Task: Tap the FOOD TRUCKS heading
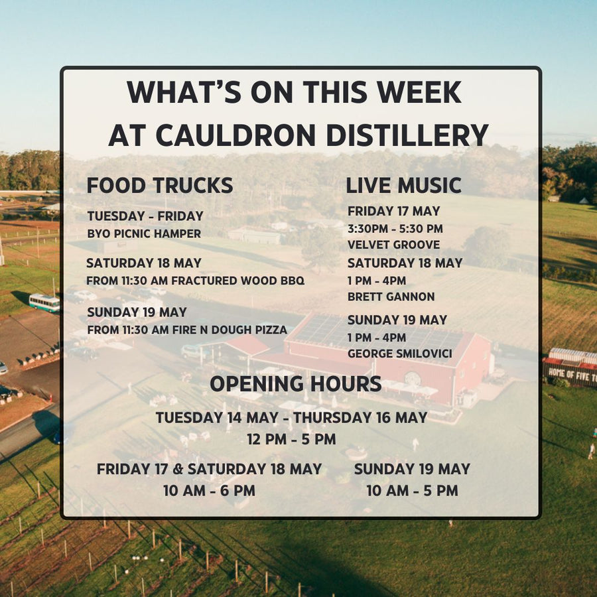pos(160,186)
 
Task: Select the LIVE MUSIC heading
pos(403,186)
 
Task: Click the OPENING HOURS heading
pos(296,383)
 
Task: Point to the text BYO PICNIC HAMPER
pos(144,233)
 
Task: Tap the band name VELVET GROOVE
pos(393,245)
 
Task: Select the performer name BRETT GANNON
pos(391,297)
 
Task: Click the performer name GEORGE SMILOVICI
pos(399,354)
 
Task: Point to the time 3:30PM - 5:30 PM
pos(395,229)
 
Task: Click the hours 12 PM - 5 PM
pos(292,439)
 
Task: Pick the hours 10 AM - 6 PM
pos(209,491)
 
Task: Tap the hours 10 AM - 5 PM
pos(412,491)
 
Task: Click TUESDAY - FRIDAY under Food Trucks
pos(145,216)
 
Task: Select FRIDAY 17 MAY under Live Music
pos(393,212)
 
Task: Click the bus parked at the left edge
pos(44,303)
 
